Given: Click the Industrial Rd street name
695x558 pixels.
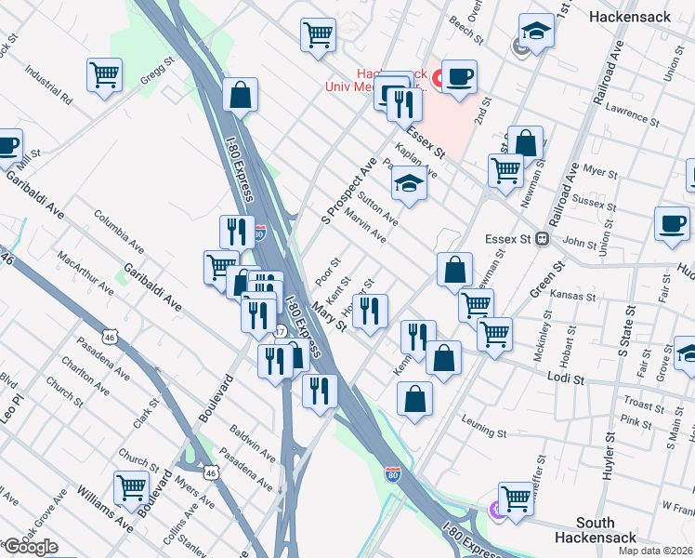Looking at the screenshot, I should pos(49,83).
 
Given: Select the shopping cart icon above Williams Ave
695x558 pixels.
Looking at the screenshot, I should pos(131,485).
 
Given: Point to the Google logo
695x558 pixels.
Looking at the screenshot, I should pos(31,548).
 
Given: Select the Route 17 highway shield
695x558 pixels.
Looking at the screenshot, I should pos(280,332).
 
